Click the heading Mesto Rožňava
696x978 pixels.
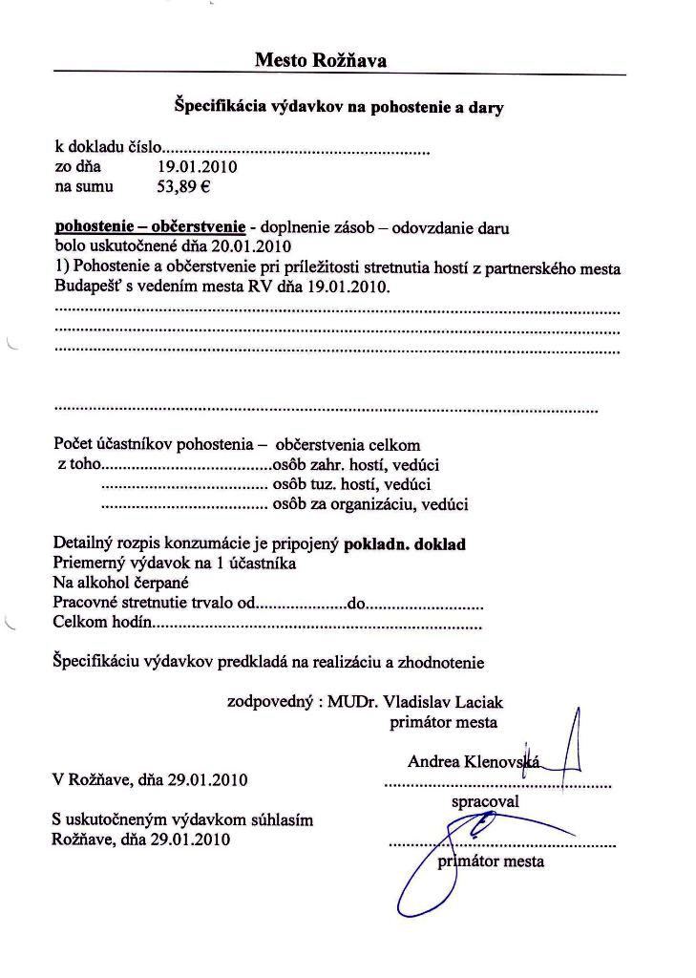321,60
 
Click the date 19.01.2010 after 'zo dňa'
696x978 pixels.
198,167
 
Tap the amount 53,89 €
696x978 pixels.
177,187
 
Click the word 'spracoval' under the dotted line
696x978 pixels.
484,802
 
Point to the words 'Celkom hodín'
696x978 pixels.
102,624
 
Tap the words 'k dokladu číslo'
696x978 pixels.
108,148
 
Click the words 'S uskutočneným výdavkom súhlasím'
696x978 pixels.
182,820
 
